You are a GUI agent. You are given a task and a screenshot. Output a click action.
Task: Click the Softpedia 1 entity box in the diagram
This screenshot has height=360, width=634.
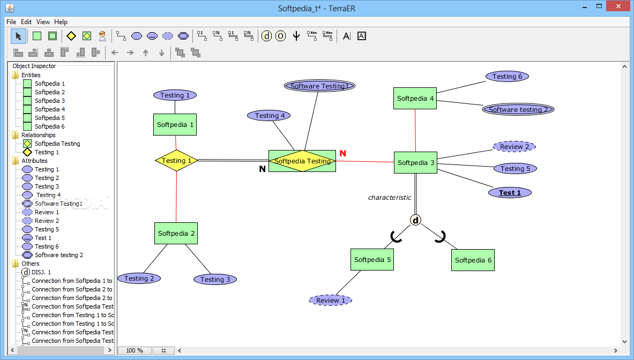[x=175, y=124]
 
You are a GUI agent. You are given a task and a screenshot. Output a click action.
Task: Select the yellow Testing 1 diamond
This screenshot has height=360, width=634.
[x=176, y=160]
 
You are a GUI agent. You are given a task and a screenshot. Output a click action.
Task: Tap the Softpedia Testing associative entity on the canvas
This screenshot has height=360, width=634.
[x=302, y=161]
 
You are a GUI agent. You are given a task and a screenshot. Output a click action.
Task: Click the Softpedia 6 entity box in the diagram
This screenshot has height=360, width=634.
[x=473, y=260]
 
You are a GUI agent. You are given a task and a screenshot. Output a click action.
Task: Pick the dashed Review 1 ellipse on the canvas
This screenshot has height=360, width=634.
[x=330, y=300]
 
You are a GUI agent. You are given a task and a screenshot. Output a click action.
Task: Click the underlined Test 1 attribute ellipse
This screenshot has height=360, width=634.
[x=510, y=193]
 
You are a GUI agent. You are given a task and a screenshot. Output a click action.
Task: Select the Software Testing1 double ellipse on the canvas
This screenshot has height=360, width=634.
[x=319, y=86]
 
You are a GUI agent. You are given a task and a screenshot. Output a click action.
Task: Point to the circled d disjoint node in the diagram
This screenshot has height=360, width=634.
[x=416, y=220]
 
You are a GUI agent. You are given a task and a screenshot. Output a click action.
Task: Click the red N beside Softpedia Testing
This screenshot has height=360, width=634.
[x=343, y=154]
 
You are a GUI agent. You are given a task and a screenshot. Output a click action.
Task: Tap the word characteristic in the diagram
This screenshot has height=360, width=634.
[x=390, y=198]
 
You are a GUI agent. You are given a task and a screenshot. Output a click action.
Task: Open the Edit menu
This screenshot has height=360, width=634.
[x=26, y=22]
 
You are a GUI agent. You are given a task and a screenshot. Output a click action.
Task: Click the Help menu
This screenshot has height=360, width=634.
[x=61, y=22]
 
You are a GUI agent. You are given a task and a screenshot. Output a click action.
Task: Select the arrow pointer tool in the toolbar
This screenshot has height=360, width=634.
[x=18, y=36]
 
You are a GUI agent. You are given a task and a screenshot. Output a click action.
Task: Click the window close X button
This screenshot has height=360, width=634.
[x=618, y=6]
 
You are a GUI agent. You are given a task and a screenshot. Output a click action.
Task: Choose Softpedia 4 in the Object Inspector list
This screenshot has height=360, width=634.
[x=50, y=109]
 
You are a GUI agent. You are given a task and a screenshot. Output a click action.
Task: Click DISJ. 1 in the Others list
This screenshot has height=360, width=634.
[x=41, y=272]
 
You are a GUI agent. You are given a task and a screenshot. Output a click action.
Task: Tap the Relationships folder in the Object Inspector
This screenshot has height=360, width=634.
[x=39, y=135]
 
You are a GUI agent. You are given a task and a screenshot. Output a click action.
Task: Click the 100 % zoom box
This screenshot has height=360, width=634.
[x=135, y=350]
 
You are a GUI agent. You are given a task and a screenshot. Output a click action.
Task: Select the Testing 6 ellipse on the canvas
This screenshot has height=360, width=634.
[x=508, y=77]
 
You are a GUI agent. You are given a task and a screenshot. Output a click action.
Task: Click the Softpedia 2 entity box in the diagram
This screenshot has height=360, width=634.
[x=176, y=233]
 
